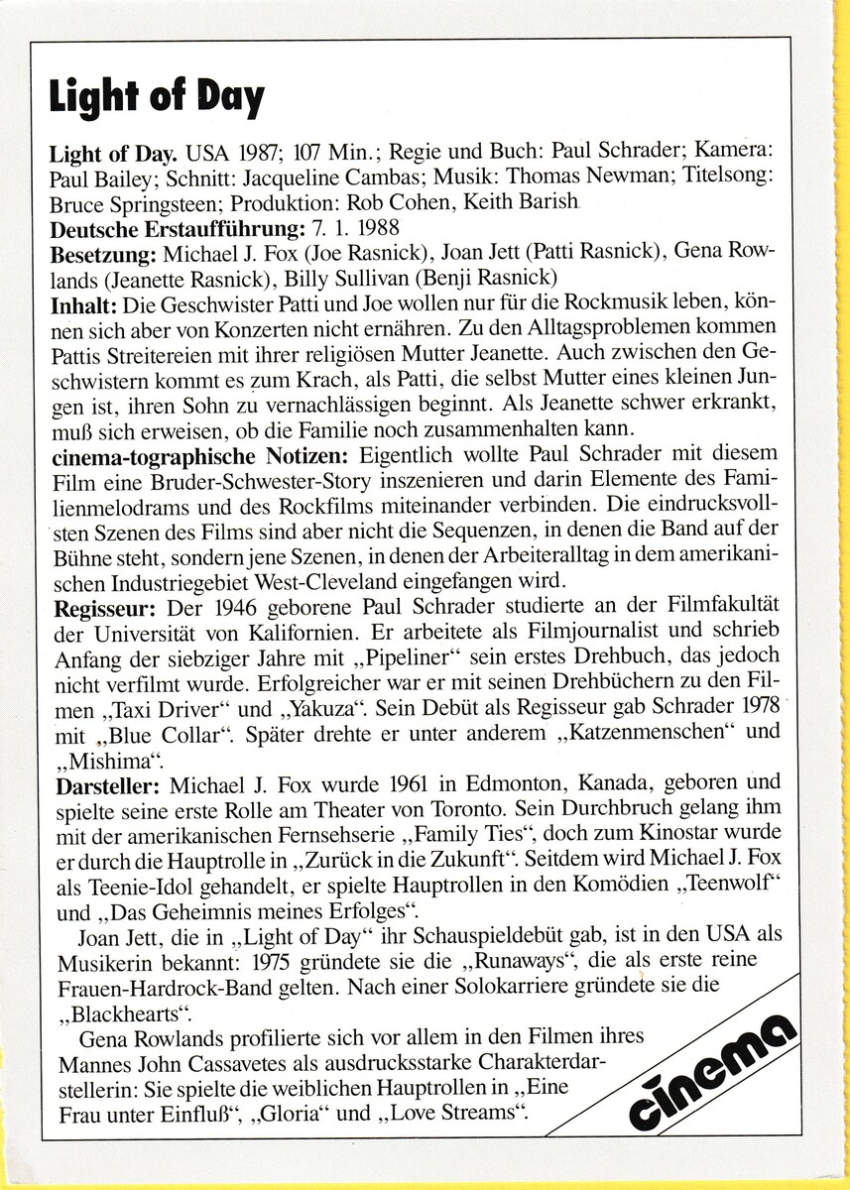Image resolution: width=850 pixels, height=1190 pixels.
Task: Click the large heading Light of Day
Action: [157, 98]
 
